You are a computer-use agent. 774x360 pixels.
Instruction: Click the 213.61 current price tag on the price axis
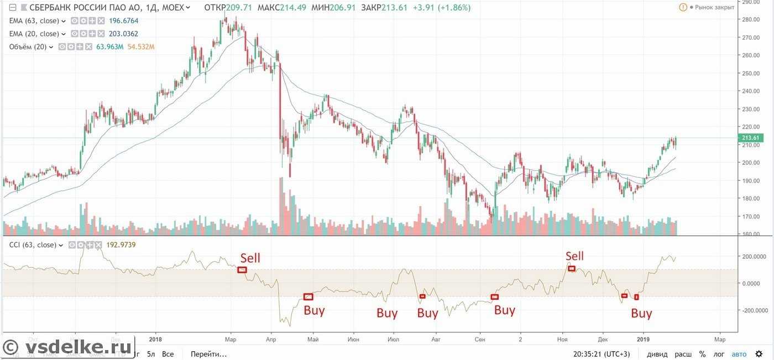point(751,138)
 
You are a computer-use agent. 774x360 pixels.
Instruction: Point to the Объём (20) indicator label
point(28,47)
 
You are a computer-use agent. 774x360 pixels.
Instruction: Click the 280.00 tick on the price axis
point(751,19)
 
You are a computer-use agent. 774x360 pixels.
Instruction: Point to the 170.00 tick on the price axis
point(751,216)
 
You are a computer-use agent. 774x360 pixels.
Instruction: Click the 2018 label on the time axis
point(156,339)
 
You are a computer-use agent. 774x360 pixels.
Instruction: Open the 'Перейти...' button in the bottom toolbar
point(208,354)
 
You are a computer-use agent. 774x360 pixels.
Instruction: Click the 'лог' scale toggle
point(719,354)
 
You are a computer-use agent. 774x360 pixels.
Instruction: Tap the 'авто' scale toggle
point(739,354)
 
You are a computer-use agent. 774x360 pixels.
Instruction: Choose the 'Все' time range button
point(168,354)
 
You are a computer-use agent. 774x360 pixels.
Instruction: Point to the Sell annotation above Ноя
point(574,255)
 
